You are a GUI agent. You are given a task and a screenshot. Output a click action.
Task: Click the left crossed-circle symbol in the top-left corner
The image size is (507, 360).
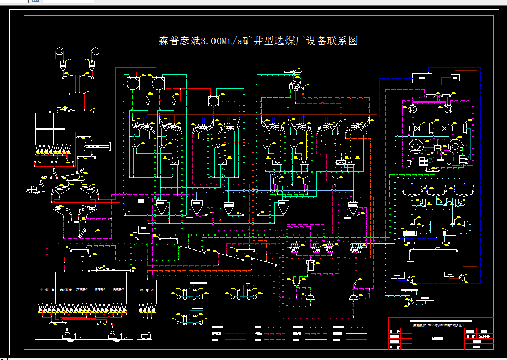[60, 51]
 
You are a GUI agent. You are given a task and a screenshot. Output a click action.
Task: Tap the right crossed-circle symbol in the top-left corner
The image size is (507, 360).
[95, 51]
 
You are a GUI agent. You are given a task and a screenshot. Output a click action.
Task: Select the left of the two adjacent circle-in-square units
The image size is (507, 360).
[132, 83]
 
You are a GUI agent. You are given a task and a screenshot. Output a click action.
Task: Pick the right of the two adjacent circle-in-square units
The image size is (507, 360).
[158, 83]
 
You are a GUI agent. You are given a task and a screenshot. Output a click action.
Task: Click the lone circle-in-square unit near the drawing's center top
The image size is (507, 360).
[213, 101]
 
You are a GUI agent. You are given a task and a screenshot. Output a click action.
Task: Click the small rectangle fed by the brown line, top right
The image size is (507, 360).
[455, 77]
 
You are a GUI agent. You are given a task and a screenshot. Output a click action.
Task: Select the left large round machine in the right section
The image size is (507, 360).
[414, 147]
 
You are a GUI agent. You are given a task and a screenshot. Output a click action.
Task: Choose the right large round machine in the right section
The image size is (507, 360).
[455, 147]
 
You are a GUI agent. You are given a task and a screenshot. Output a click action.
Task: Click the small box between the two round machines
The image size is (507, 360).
[437, 148]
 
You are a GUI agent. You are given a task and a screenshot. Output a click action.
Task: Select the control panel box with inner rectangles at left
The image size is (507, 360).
[97, 146]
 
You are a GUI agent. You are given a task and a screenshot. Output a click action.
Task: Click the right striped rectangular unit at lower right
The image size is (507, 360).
[449, 233]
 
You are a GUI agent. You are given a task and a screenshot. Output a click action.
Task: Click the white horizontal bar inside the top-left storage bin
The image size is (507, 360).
[53, 128]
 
